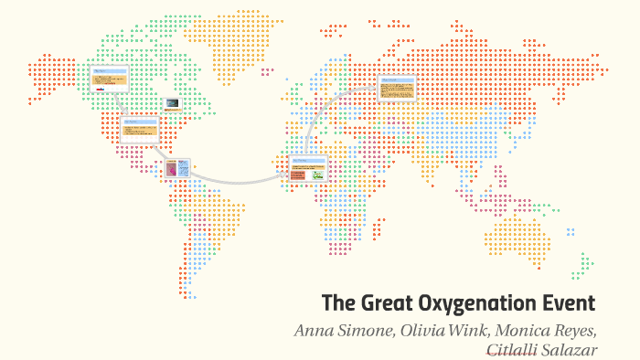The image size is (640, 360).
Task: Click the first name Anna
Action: pyautogui.click(x=314, y=330)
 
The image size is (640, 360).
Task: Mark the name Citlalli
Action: pyautogui.click(x=516, y=350)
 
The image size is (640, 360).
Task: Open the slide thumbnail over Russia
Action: pyautogui.click(x=398, y=87)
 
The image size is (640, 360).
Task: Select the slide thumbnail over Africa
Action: pyautogui.click(x=307, y=168)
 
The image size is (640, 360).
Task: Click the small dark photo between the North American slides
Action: pyautogui.click(x=171, y=104)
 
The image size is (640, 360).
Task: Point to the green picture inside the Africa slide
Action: pyautogui.click(x=317, y=174)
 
